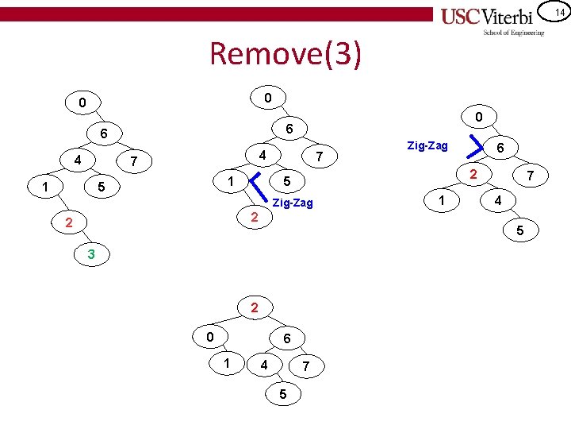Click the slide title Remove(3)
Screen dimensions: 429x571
285,54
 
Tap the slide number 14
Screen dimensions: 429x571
558,12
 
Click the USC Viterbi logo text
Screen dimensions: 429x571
492,17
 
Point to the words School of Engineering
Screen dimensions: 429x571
514,33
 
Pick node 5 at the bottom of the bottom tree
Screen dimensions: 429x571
282,395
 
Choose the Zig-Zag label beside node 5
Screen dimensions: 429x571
293,203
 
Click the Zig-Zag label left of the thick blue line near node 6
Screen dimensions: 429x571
427,145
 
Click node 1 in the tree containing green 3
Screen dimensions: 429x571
45,188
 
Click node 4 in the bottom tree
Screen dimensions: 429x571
263,365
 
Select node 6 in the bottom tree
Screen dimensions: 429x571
286,338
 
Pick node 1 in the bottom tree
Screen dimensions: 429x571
227,364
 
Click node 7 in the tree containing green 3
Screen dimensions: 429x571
136,162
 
